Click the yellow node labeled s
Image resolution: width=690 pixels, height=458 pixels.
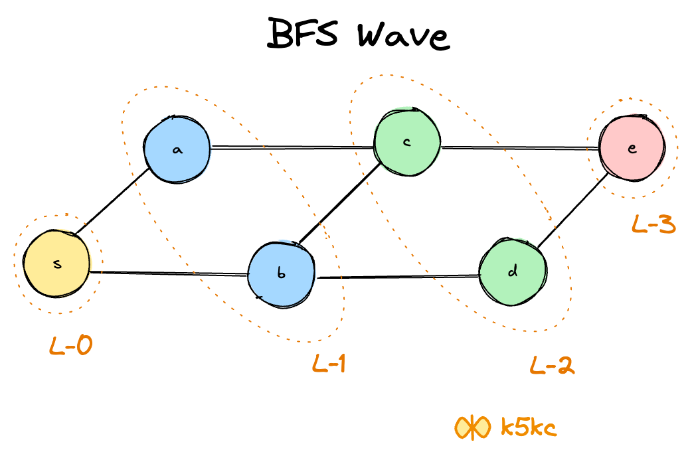(x=56, y=263)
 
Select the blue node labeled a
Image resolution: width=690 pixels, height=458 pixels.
(x=177, y=149)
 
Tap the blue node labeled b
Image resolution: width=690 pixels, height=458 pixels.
(x=280, y=273)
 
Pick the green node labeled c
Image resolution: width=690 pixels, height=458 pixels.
(x=406, y=143)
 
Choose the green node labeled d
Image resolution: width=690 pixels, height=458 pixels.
(x=512, y=272)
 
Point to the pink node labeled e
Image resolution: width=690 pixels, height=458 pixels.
(x=631, y=148)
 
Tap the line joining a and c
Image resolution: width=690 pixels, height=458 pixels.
(x=292, y=147)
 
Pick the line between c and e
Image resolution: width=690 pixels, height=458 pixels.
(x=519, y=149)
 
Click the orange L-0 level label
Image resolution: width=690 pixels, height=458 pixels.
(x=71, y=346)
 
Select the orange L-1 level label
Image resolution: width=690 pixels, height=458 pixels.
(x=329, y=363)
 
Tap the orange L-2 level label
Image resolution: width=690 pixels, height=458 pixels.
(x=552, y=364)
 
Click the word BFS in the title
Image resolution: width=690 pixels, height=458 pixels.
(x=303, y=34)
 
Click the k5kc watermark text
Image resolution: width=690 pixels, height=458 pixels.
(x=528, y=427)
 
